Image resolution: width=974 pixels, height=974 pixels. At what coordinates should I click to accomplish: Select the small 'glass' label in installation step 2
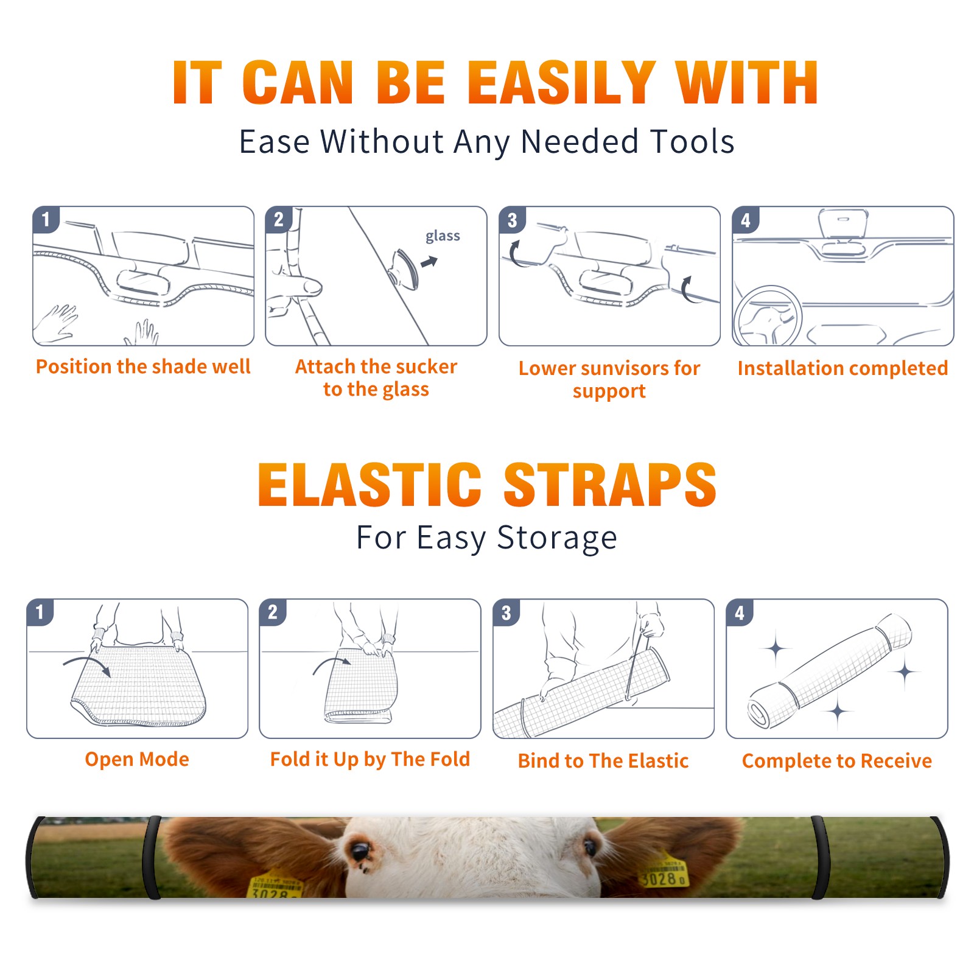443,236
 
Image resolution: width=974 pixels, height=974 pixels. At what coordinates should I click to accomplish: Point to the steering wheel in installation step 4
768,316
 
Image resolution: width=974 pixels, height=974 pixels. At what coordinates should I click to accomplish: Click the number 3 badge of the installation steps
512,220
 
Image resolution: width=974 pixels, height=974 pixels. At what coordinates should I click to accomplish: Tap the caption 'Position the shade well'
143,366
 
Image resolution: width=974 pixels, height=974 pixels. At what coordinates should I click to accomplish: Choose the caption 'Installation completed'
843,368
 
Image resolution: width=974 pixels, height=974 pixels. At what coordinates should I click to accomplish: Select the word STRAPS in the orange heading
610,485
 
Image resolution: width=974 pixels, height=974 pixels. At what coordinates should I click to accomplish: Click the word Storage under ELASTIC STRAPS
557,538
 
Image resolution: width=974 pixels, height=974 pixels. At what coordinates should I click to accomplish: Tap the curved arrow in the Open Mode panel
87,665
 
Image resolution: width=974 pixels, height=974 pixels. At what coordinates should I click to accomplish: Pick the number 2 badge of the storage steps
273,612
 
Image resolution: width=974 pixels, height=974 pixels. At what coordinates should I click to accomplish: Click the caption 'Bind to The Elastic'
603,761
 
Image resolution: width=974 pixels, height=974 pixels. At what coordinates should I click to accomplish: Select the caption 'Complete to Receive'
837,761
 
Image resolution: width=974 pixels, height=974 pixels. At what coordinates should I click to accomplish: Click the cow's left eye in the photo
361,850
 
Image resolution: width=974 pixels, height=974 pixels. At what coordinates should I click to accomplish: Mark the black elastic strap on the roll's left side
152,858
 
